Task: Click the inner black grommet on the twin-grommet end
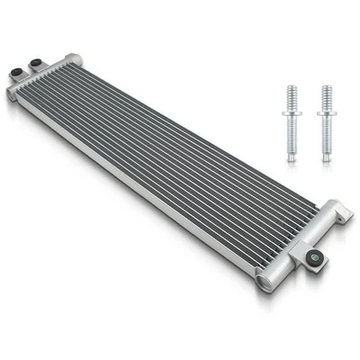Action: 36,64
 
